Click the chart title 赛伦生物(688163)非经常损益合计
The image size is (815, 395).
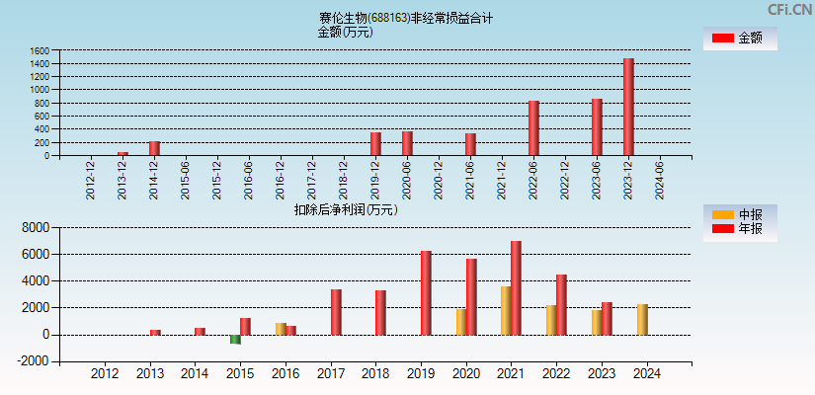click(406, 18)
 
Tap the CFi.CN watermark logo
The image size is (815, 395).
click(789, 10)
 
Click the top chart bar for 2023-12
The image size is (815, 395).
click(628, 107)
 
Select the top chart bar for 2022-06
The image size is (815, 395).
click(533, 128)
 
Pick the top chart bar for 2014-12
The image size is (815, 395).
click(154, 148)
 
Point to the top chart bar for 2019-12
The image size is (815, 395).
click(375, 144)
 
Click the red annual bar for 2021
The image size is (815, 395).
click(516, 287)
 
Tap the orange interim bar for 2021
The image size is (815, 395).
click(506, 310)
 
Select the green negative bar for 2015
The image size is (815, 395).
click(235, 340)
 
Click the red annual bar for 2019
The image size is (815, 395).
click(426, 292)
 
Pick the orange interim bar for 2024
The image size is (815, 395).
click(642, 319)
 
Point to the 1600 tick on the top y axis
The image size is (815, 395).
click(40, 50)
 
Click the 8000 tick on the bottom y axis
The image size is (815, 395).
click(35, 227)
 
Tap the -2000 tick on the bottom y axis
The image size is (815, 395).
click(33, 361)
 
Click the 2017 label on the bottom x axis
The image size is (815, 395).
click(330, 374)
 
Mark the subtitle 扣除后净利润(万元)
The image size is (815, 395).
click(345, 209)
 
